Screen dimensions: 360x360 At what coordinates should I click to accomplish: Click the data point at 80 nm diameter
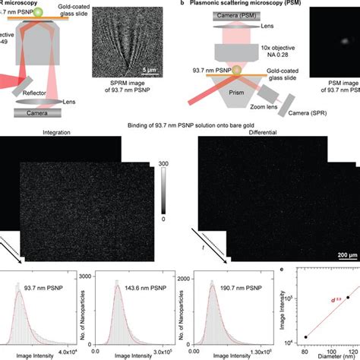(306, 336)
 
